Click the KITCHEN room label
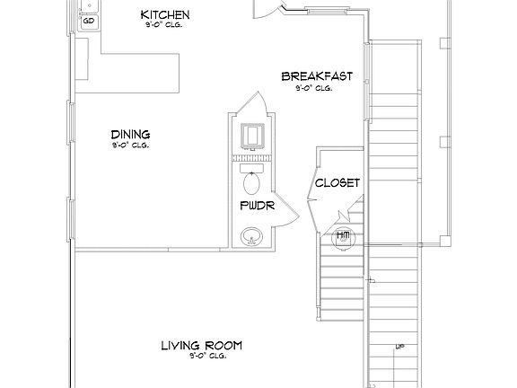point(165,15)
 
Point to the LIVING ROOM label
point(202,345)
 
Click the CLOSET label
point(337,183)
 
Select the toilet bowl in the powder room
point(251,184)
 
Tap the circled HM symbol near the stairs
point(342,236)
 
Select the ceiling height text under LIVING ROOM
point(202,356)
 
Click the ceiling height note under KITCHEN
point(165,26)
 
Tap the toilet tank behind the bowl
point(251,168)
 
